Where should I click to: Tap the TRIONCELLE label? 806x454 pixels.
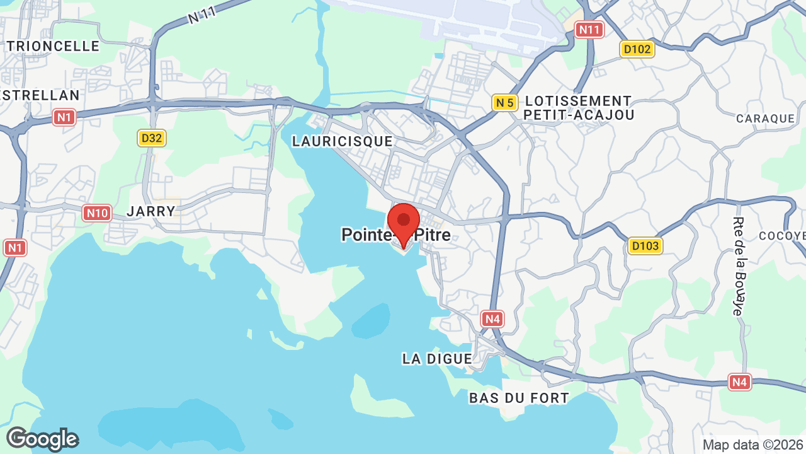(54, 46)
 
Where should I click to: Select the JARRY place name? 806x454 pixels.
(151, 211)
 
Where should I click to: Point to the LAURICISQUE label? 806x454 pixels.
(343, 141)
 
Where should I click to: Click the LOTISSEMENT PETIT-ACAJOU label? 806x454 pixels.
(578, 108)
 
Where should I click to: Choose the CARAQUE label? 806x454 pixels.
(766, 119)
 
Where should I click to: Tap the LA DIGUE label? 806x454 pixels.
(437, 359)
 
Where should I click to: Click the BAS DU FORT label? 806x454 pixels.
(519, 398)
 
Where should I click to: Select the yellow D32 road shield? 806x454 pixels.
(152, 138)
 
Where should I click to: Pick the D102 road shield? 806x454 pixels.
(637, 49)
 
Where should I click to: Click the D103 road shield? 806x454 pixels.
(645, 245)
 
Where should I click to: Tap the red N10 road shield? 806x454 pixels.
(97, 213)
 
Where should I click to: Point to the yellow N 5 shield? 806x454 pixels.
(505, 102)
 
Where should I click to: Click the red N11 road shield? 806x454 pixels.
(590, 29)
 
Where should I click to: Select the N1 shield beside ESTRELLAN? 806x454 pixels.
(64, 117)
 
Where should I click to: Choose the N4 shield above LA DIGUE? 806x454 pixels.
(492, 318)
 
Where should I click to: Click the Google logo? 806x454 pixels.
(42, 439)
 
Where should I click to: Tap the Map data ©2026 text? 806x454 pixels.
(753, 445)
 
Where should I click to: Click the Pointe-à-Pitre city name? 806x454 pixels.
(396, 235)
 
